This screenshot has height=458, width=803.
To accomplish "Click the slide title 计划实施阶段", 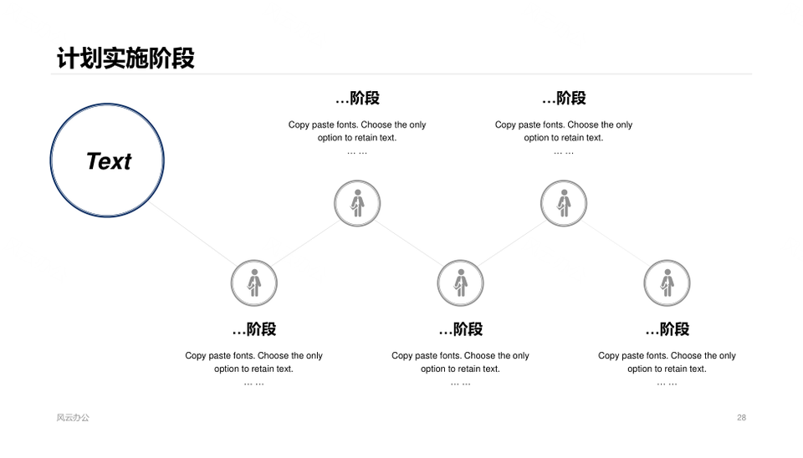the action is click(x=125, y=58).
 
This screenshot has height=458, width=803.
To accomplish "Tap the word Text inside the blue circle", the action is click(x=109, y=161).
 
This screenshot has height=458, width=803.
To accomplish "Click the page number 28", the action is click(x=741, y=418).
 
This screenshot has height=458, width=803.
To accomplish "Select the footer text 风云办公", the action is click(x=73, y=418).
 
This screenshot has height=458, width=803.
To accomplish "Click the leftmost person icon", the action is click(x=254, y=283).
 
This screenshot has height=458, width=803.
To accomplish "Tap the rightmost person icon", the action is click(x=667, y=283).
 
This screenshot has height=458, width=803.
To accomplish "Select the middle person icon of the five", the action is click(x=460, y=283).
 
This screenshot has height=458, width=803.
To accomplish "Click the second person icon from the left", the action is click(x=357, y=203).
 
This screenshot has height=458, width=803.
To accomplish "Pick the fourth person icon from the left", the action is click(x=564, y=203).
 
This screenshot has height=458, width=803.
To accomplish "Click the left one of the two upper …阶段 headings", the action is click(x=357, y=98).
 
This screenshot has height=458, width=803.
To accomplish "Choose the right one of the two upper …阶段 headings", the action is click(x=564, y=98).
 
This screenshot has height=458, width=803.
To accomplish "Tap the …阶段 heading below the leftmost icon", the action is click(x=254, y=329).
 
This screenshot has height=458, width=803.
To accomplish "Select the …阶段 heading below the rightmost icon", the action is click(x=667, y=329).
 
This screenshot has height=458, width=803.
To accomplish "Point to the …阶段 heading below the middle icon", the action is click(x=460, y=329).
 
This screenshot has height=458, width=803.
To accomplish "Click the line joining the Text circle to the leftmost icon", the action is click(x=193, y=233).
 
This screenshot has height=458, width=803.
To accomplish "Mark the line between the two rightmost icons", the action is click(x=616, y=243).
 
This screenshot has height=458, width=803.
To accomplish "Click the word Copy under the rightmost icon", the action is click(x=608, y=356).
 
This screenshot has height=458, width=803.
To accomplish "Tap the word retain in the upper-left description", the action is click(x=366, y=138).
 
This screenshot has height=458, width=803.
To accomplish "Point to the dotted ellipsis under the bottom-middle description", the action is click(x=460, y=384).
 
